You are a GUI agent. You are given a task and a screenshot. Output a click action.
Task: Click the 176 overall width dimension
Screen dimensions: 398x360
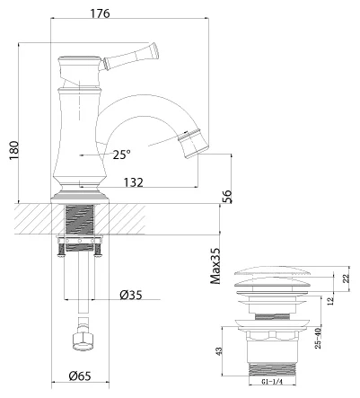[127, 13]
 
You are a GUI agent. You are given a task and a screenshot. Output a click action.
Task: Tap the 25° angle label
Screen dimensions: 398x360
[122, 154]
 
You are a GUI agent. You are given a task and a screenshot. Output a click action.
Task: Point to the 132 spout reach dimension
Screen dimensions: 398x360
[135, 182]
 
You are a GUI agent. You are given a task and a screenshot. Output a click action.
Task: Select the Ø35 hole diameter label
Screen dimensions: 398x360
[132, 294]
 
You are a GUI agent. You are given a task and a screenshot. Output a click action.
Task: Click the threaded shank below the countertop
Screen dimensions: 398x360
[81, 220]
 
